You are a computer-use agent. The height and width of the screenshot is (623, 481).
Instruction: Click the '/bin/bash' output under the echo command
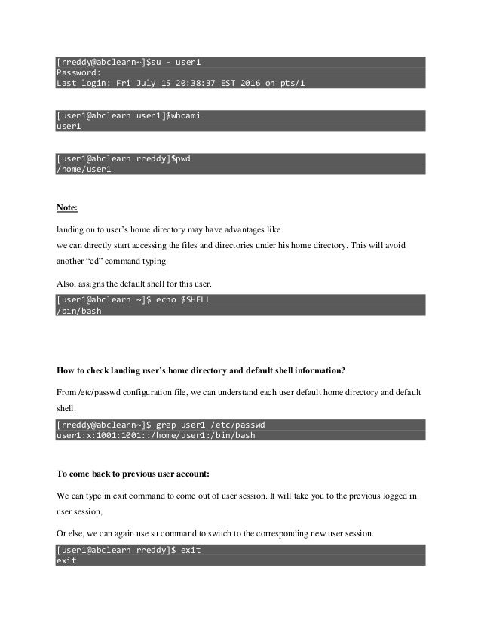click(79, 311)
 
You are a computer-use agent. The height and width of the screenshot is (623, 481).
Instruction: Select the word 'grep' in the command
click(170, 425)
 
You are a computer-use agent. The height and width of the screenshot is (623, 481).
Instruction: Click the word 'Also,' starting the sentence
click(69, 284)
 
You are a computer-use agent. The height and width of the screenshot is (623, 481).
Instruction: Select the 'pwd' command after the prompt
click(182, 158)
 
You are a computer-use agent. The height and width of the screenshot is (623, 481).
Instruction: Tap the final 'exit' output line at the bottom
click(66, 561)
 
